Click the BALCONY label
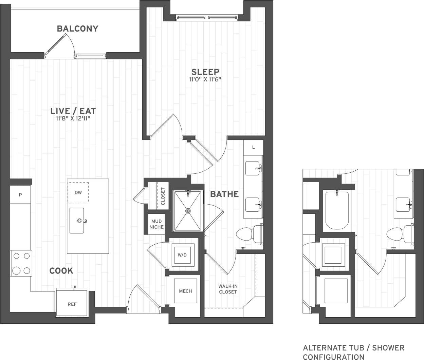[77, 29]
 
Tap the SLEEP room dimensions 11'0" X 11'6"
[205, 80]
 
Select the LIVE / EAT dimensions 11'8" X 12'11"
[73, 119]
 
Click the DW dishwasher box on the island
[78, 192]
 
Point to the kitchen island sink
[77, 221]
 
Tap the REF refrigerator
[72, 304]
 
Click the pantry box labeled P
[20, 195]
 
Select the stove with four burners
[21, 263]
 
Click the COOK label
[61, 271]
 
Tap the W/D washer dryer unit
[182, 255]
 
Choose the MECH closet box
[185, 291]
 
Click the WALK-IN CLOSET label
[228, 289]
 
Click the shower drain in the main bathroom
[188, 211]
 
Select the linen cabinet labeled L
[253, 147]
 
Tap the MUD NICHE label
[156, 224]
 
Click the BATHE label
[224, 194]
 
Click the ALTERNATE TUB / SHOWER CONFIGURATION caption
[353, 352]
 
